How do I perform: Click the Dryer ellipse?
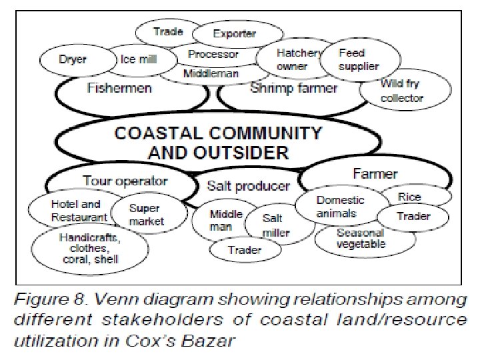(x=73, y=59)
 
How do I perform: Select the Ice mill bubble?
(x=138, y=59)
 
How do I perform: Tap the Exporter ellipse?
(x=234, y=33)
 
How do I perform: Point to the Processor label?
(x=213, y=54)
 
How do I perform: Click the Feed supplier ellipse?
(x=359, y=59)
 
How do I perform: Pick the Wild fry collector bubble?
(x=401, y=91)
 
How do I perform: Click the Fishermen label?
(x=119, y=89)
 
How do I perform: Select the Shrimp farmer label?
(x=293, y=89)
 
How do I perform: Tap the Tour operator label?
(x=125, y=181)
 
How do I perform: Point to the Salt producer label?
(x=248, y=186)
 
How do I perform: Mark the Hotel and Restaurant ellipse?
(x=79, y=211)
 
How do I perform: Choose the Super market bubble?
(x=146, y=215)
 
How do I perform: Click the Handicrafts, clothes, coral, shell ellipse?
(x=89, y=248)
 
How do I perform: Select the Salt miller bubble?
(x=274, y=225)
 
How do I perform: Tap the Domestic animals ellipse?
(x=340, y=207)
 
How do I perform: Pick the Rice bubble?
(x=409, y=197)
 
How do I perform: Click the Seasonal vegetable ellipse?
(x=361, y=239)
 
